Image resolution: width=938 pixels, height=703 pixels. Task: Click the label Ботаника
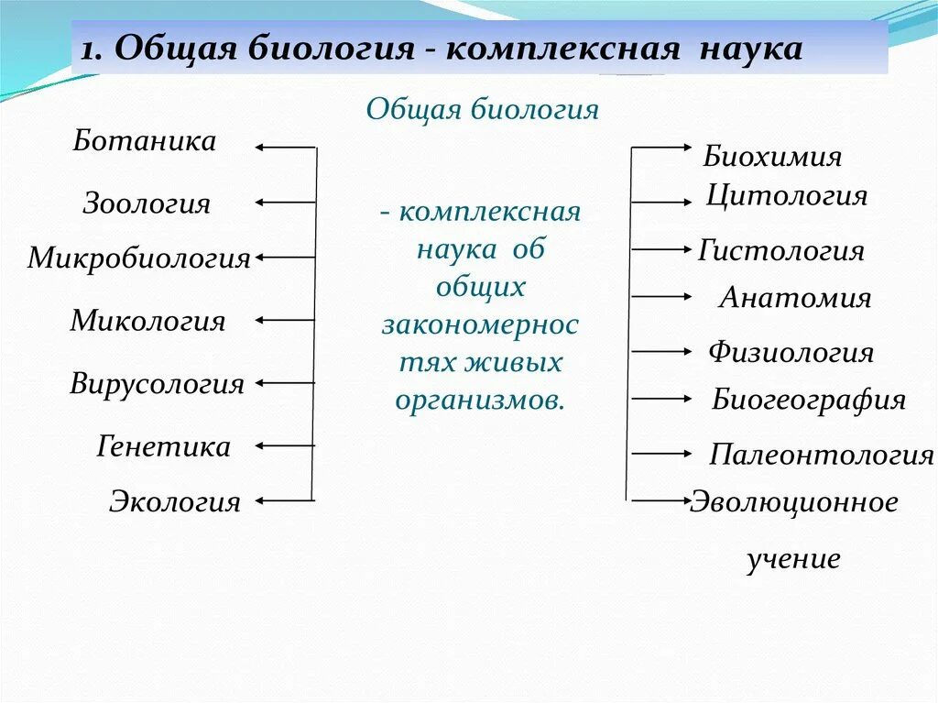pos(145,141)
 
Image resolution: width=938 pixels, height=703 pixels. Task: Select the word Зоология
pos(147,203)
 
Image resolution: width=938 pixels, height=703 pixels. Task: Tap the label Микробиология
pos(138,258)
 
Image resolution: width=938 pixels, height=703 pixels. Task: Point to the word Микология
pos(147,321)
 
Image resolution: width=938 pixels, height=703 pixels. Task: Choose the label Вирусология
pos(158,383)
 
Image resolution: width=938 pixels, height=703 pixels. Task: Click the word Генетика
pos(163,447)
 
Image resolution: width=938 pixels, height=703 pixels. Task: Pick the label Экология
pos(175,501)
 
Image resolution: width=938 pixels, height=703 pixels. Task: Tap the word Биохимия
pos(772,157)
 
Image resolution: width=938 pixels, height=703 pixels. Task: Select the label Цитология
pos(787,196)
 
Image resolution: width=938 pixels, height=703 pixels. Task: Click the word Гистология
pos(781,250)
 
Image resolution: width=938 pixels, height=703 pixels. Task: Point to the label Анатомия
pos(795,298)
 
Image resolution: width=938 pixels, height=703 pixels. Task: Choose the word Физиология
pos(791,352)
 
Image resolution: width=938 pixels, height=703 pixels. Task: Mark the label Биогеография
pos(808,400)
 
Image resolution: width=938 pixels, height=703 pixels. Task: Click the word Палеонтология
pos(821,455)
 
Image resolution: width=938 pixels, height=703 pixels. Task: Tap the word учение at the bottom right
pos(793,559)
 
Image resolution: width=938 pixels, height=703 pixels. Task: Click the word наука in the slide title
pos(752,49)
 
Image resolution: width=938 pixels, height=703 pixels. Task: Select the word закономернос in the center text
pos(480,325)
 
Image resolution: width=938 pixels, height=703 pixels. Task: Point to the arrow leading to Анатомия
pos(660,297)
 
